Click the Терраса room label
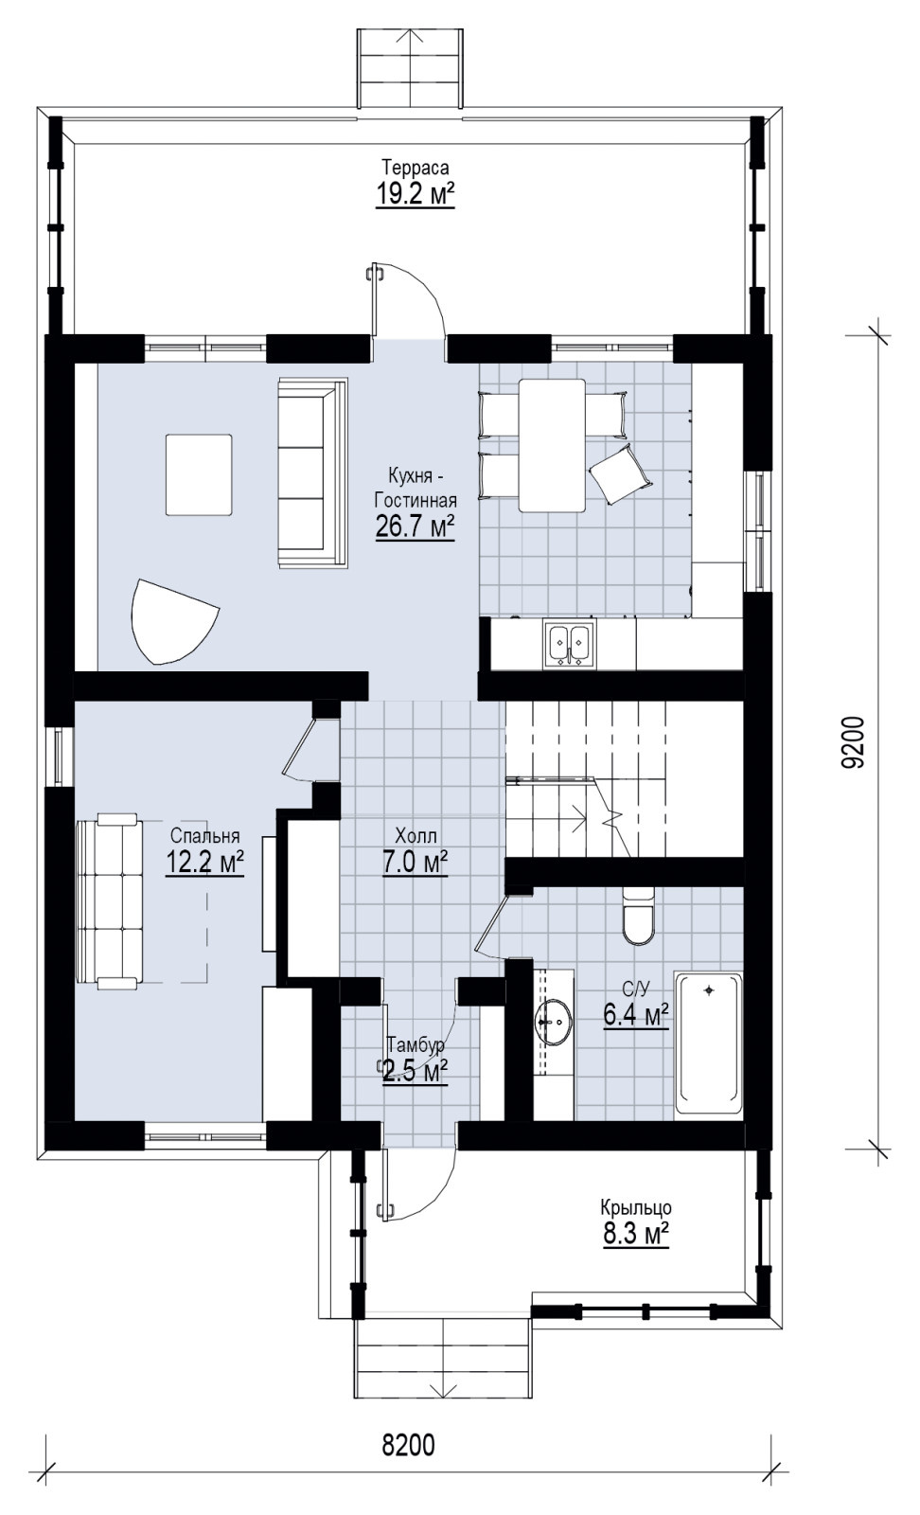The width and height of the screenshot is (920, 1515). pyautogui.click(x=416, y=167)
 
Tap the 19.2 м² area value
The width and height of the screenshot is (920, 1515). pyautogui.click(x=416, y=195)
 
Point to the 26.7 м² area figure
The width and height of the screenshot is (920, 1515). pyautogui.click(x=416, y=526)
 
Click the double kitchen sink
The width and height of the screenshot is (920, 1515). pyautogui.click(x=570, y=645)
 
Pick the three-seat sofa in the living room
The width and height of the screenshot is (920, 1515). pyautogui.click(x=313, y=472)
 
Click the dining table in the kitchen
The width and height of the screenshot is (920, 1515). pyautogui.click(x=552, y=445)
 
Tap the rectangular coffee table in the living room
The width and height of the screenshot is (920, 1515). pyautogui.click(x=199, y=474)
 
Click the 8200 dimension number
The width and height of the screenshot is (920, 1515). pyautogui.click(x=408, y=1445)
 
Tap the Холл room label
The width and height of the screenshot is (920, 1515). pyautogui.click(x=416, y=836)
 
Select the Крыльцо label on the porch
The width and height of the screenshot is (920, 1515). pyautogui.click(x=635, y=1207)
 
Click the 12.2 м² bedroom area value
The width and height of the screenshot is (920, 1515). pyautogui.click(x=204, y=863)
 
